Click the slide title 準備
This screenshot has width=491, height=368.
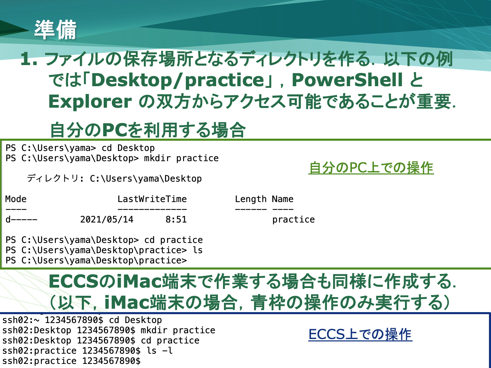(55, 30)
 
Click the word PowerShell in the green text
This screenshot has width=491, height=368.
(347, 80)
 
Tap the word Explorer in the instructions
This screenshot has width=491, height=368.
(90, 102)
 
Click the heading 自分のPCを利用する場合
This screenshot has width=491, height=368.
(148, 130)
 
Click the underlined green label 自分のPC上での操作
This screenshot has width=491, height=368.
(371, 168)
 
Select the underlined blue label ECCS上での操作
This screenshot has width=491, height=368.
(360, 335)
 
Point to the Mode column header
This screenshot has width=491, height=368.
(16, 199)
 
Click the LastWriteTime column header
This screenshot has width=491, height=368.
(152, 199)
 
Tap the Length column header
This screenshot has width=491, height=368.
(251, 199)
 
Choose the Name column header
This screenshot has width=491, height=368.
(283, 199)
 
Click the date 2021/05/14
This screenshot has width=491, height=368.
(107, 219)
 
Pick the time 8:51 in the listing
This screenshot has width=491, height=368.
(176, 219)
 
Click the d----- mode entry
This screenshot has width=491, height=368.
(21, 219)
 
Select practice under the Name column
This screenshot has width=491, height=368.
(293, 220)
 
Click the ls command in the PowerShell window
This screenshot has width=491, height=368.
(198, 250)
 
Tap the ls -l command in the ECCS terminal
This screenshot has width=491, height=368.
(160, 351)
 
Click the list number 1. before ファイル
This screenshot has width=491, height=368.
(29, 59)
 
